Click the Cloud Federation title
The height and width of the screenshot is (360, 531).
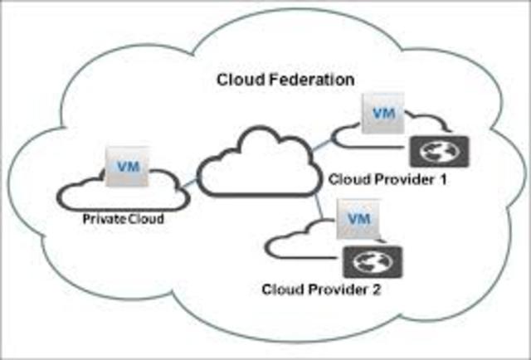[x=285, y=80]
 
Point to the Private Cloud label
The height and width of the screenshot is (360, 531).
[x=122, y=220]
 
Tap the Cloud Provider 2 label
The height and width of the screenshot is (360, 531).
[x=321, y=289]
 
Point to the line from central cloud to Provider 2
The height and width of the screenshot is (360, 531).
[x=316, y=207]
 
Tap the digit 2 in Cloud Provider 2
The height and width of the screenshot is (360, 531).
[x=376, y=289]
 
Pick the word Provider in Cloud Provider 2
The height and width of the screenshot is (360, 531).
[x=335, y=289]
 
